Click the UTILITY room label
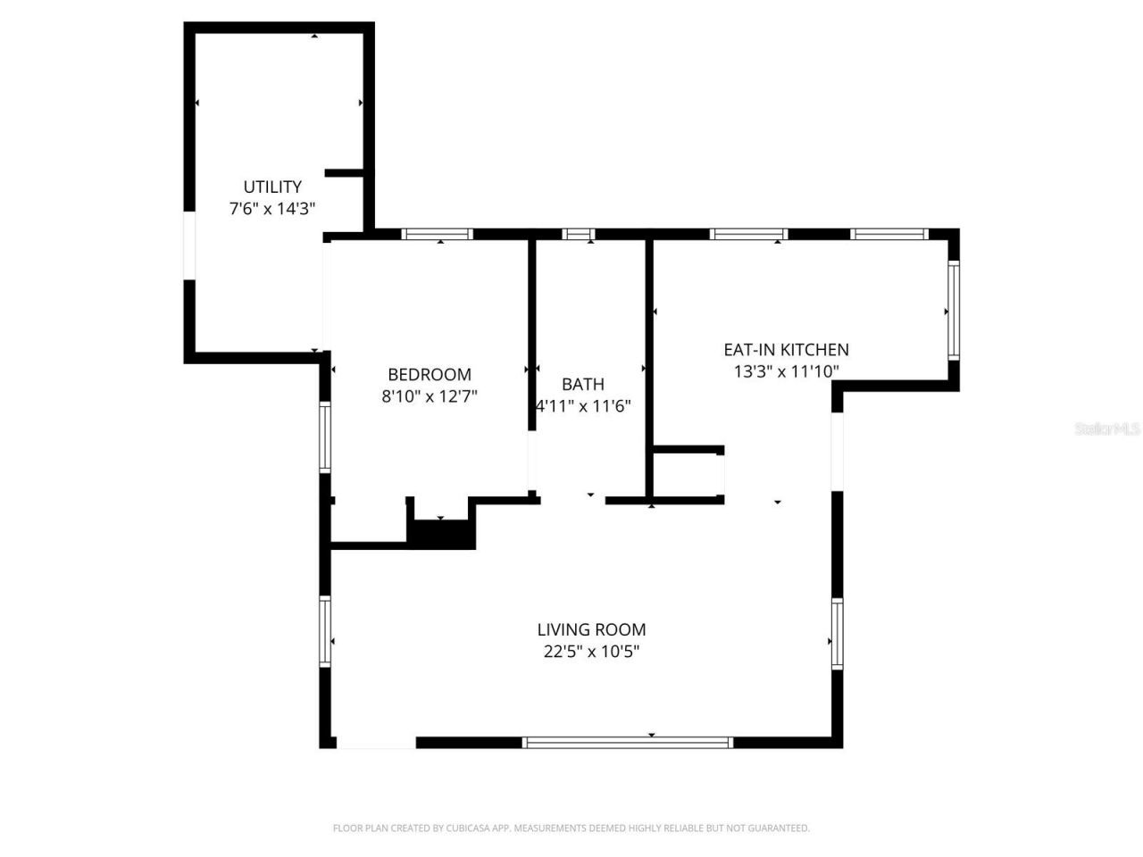click(272, 187)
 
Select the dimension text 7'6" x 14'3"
click(272, 209)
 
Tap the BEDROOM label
click(430, 374)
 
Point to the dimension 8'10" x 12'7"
click(430, 396)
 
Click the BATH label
click(583, 384)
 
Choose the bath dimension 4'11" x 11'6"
click(583, 406)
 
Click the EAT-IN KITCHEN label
click(786, 349)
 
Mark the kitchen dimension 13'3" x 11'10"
click(786, 371)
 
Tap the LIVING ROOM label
click(591, 629)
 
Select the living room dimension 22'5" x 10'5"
click(591, 652)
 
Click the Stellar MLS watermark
click(1107, 428)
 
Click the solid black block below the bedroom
click(441, 534)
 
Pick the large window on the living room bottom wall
click(628, 742)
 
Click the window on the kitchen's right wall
click(953, 310)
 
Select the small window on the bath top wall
click(579, 235)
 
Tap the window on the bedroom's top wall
click(437, 235)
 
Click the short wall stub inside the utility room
click(345, 172)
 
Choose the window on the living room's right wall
click(837, 634)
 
